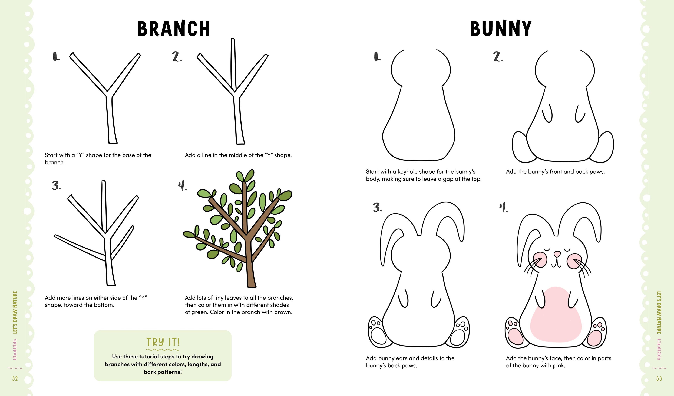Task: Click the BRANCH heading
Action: tap(173, 29)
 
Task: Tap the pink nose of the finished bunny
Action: tap(557, 253)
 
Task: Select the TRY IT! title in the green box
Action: tap(163, 342)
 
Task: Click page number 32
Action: tap(15, 378)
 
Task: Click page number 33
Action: tap(659, 378)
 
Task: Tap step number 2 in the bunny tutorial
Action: tap(498, 57)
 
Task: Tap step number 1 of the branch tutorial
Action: tap(56, 57)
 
